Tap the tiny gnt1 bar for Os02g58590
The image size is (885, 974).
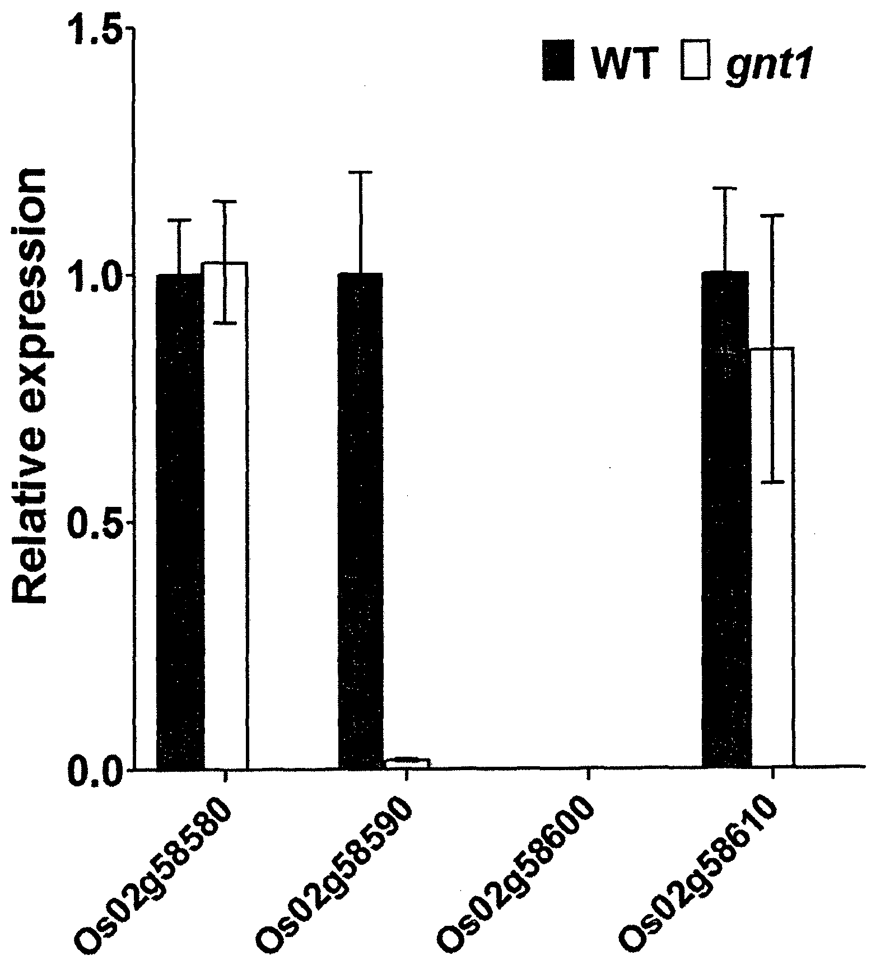(x=407, y=763)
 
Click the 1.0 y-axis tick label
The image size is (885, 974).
(x=95, y=277)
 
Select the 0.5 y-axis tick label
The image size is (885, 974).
(x=95, y=523)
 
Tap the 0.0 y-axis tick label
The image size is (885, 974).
(x=95, y=768)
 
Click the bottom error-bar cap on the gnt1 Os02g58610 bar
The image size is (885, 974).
(x=771, y=482)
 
